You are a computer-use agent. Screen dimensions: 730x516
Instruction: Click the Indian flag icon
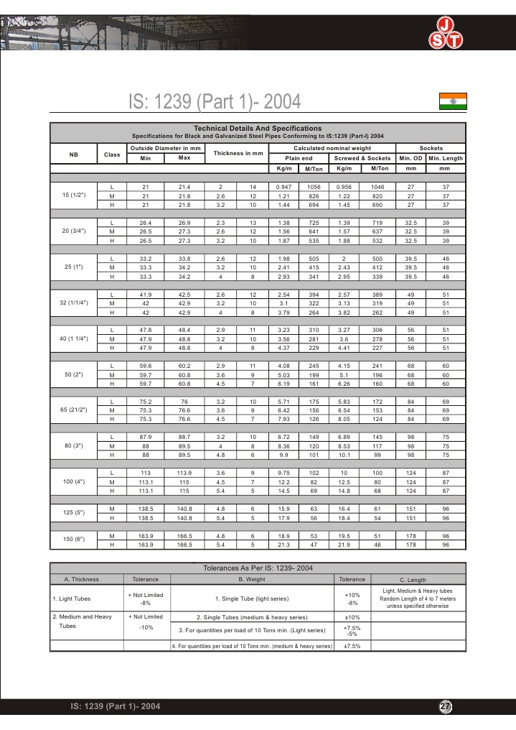point(452,102)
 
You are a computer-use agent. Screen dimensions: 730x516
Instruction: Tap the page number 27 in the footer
point(445,707)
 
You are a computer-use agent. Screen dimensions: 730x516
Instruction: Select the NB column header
point(74,154)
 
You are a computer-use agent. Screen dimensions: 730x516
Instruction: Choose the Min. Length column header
point(445,158)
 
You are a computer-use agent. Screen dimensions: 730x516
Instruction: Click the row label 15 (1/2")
point(74,195)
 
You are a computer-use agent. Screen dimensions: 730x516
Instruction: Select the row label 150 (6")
point(74,540)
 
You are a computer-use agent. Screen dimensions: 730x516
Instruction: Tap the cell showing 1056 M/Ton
point(313,186)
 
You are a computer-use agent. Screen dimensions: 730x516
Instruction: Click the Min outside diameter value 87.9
point(145,436)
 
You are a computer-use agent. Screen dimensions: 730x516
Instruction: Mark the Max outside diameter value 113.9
point(184,472)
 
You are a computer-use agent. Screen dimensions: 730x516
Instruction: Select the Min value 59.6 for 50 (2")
point(145,366)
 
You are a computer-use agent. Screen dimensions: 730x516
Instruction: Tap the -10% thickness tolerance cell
point(146,627)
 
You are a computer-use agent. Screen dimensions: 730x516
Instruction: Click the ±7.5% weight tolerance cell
point(352,646)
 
